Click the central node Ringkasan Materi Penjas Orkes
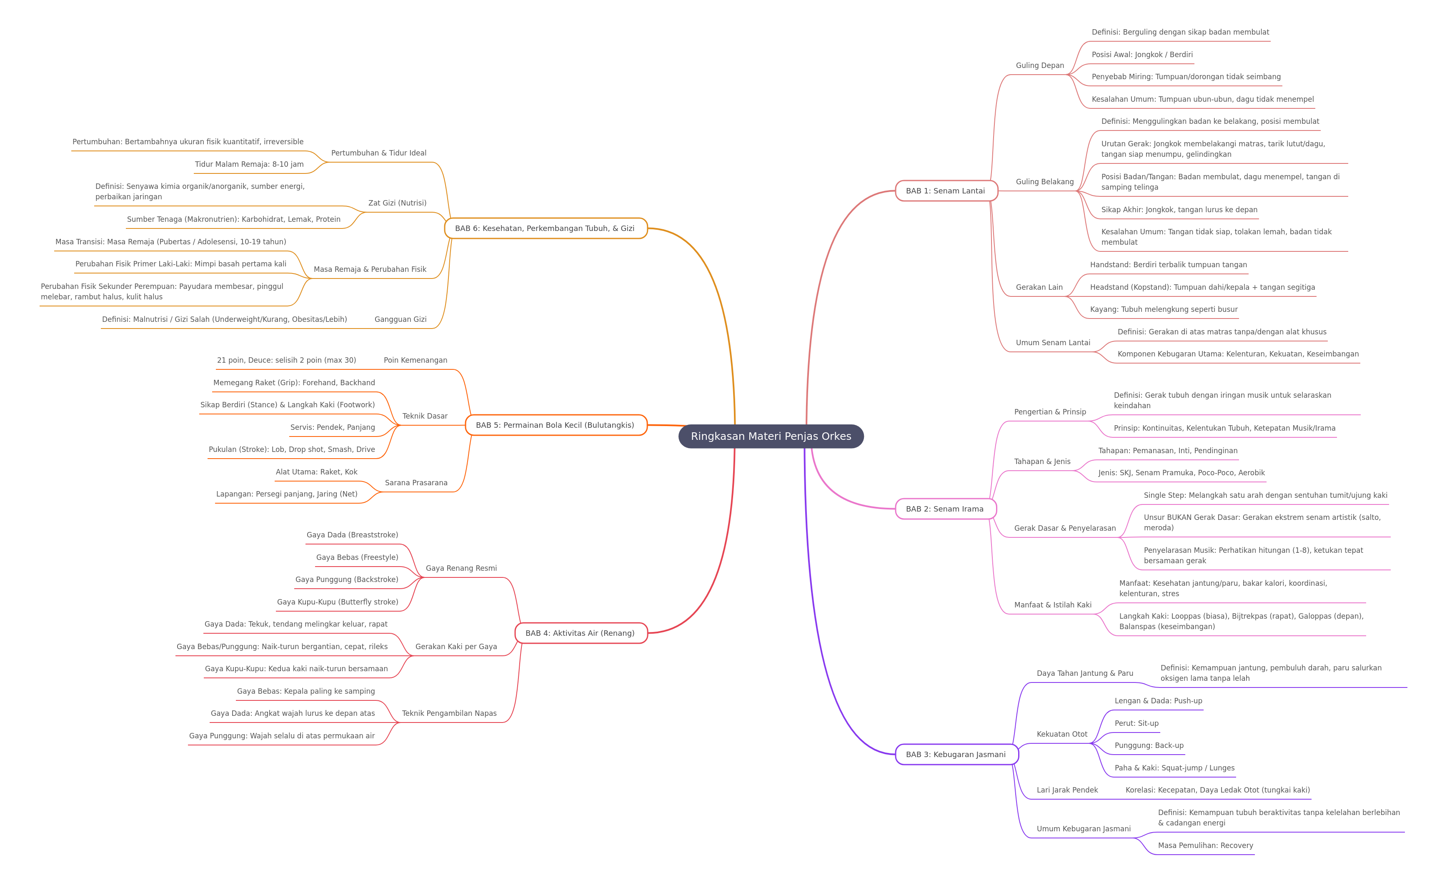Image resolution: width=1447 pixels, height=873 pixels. click(x=771, y=436)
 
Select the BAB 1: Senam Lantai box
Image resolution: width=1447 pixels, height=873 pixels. click(x=946, y=191)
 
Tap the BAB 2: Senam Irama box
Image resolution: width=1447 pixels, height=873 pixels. click(x=946, y=509)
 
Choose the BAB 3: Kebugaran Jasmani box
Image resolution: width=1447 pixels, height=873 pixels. click(x=956, y=754)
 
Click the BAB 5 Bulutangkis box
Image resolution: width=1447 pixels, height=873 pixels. click(x=556, y=425)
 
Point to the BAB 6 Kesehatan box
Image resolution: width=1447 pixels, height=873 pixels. click(x=546, y=228)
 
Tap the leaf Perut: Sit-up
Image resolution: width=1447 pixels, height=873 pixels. click(x=1137, y=723)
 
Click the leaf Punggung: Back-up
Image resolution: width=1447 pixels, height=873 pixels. click(x=1149, y=745)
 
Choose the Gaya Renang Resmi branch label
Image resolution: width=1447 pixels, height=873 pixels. click(x=461, y=568)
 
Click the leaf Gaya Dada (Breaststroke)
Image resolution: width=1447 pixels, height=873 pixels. click(x=352, y=534)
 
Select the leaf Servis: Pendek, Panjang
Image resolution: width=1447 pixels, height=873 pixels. click(x=333, y=427)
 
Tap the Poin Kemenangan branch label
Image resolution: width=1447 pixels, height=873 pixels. click(x=415, y=360)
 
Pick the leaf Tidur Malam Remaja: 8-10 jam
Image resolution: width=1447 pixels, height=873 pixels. click(x=249, y=164)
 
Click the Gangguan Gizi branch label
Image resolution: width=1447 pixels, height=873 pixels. click(x=401, y=319)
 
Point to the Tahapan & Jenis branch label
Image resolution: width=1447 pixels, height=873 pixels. click(x=1042, y=461)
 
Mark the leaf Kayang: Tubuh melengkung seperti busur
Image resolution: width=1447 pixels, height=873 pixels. click(x=1163, y=309)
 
